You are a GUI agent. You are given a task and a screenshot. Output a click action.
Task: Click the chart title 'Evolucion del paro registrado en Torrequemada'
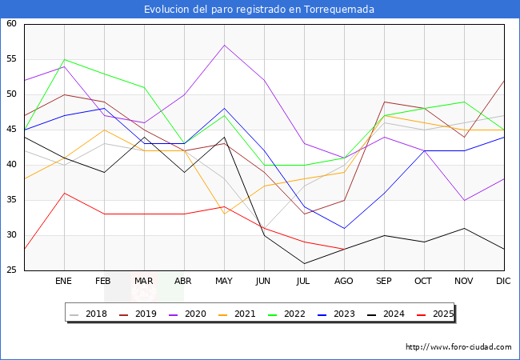(259, 10)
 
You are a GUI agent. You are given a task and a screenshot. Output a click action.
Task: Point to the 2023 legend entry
(343, 314)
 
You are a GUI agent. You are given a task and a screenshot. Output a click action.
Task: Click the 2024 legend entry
(392, 314)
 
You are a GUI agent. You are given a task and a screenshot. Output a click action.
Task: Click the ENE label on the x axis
(64, 282)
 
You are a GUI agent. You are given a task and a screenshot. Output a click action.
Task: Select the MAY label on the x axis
(224, 282)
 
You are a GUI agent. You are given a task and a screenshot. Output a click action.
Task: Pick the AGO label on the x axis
(344, 282)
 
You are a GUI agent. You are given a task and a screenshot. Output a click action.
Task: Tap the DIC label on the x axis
(504, 282)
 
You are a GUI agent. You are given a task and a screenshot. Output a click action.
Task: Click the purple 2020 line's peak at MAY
(224, 45)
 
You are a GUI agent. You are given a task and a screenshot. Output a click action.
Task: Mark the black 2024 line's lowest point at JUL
(304, 263)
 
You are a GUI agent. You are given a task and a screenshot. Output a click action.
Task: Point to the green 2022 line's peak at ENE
(64, 59)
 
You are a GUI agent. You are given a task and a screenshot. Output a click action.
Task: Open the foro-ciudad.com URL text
(458, 347)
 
